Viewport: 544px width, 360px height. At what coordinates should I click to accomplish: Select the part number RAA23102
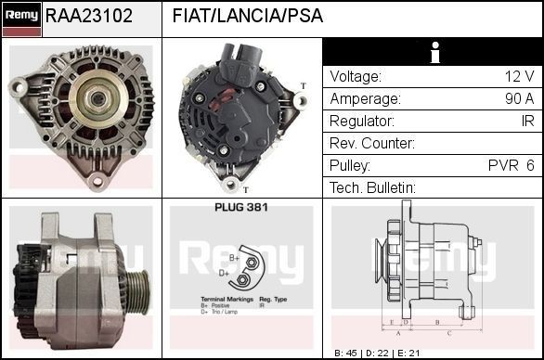[x=89, y=17]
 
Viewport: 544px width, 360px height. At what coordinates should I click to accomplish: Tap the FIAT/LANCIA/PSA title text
[x=248, y=17]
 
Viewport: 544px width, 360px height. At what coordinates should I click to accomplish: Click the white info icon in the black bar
[x=433, y=53]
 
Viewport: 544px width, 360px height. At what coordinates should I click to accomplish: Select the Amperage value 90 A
[x=517, y=98]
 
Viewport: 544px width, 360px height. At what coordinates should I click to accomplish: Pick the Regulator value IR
[x=526, y=121]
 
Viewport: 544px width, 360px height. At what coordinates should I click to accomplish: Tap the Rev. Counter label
[x=371, y=143]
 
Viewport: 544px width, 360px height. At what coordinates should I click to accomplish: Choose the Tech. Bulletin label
[x=372, y=187]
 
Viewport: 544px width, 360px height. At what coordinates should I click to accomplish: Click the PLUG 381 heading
[x=240, y=207]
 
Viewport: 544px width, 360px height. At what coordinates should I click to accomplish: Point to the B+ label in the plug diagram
[x=235, y=258]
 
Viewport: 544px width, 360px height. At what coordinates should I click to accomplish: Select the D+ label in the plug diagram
[x=224, y=274]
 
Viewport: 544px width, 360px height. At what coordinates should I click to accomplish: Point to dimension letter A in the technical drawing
[x=397, y=331]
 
